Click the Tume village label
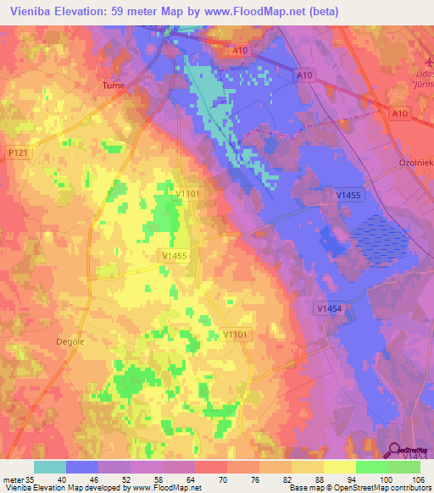(113, 86)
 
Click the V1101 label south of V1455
(236, 335)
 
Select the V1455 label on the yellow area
(173, 253)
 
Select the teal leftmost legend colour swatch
(50, 467)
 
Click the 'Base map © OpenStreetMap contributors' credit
(359, 488)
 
